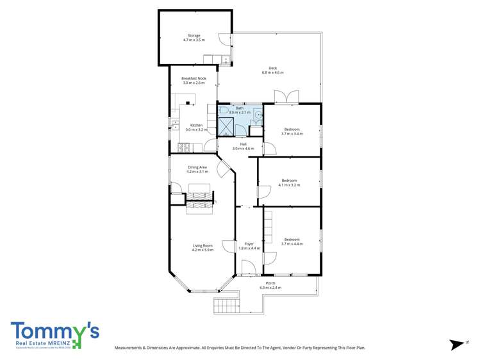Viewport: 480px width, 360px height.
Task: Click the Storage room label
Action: (194, 35)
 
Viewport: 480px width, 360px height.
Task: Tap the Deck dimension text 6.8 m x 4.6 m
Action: (272, 73)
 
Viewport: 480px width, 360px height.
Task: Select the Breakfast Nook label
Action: (193, 78)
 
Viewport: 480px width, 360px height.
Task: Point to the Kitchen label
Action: (196, 125)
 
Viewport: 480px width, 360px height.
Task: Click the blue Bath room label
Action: (240, 108)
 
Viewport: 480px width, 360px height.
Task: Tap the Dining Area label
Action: (197, 167)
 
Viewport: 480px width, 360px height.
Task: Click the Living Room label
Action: (203, 245)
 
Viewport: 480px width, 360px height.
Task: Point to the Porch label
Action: (270, 283)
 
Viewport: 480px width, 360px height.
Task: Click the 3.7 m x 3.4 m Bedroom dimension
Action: (292, 134)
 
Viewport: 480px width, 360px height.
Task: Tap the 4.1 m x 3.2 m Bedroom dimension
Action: (290, 184)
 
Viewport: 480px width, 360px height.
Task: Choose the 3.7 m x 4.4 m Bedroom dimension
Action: (292, 244)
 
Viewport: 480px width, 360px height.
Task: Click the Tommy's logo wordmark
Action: (54, 331)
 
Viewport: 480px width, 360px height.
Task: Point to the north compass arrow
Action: (457, 345)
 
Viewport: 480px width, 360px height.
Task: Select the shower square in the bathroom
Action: (226, 126)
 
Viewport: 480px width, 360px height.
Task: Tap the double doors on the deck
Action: (286, 97)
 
